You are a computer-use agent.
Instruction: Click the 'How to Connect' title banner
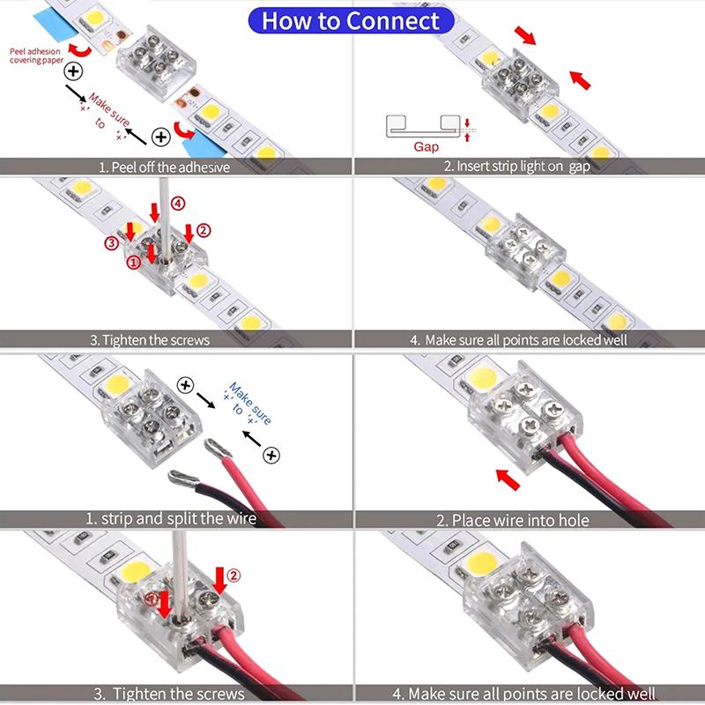[x=351, y=19]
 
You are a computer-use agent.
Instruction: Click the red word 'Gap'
[x=426, y=146]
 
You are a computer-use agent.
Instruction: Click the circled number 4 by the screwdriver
[x=179, y=203]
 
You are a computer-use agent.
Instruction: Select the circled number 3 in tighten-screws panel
[x=111, y=242]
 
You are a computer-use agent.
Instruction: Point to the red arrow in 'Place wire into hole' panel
[x=506, y=479]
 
